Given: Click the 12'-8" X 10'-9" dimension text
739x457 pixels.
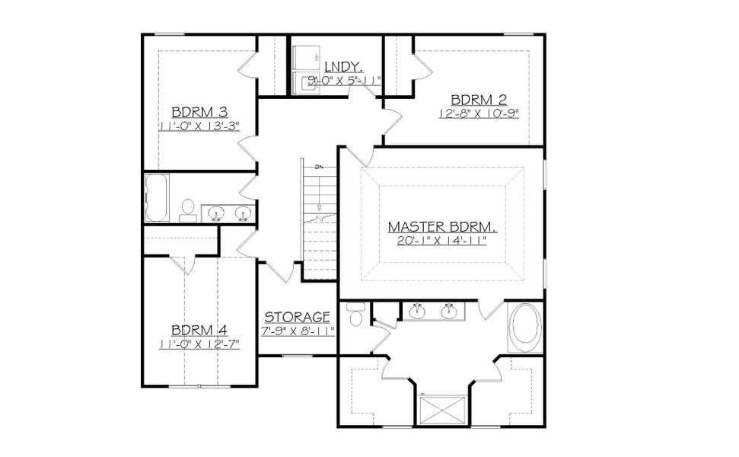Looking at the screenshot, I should click(x=483, y=113).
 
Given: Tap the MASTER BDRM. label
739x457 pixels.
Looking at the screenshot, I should click(x=441, y=226).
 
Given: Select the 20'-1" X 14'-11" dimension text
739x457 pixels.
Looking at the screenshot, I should click(x=441, y=240).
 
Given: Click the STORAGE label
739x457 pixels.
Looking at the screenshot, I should click(x=297, y=317).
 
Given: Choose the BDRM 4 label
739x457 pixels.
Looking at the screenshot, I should click(x=199, y=331).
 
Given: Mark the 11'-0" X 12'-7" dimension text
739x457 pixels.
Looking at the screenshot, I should click(x=199, y=344).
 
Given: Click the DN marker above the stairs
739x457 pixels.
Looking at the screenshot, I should click(x=320, y=166).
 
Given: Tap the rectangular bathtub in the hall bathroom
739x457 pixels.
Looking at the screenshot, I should click(x=158, y=197).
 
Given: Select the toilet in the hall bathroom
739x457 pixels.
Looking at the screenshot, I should click(x=186, y=210).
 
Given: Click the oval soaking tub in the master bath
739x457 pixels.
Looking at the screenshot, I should click(x=526, y=328).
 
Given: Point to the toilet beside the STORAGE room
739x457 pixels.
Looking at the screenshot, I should click(x=354, y=315).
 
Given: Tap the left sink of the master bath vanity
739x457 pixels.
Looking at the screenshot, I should click(x=416, y=312).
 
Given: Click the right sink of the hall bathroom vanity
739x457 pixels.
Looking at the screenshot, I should click(x=243, y=213).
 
